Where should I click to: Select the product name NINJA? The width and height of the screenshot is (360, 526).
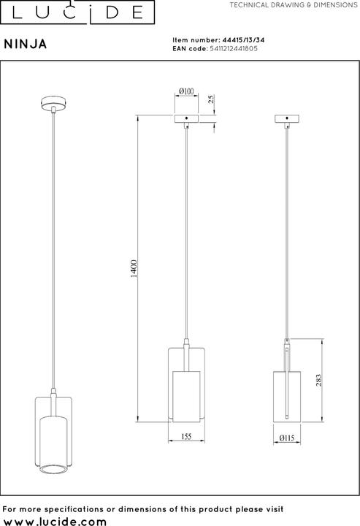[26, 44]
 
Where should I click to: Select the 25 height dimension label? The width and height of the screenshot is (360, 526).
[210, 99]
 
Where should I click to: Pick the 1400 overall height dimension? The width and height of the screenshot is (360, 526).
[133, 270]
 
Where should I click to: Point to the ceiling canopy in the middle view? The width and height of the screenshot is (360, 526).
[186, 118]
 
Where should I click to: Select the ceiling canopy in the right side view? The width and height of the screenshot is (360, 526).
[288, 118]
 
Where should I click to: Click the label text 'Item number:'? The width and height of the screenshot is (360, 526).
[195, 42]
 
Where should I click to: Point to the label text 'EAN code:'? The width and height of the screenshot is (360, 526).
[189, 49]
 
